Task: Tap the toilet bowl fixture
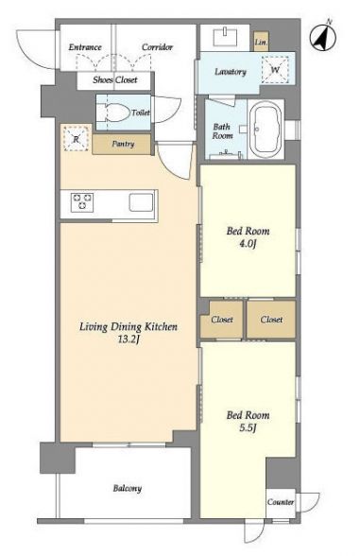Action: click(114, 113)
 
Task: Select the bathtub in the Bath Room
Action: click(266, 130)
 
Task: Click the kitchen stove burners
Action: click(82, 202)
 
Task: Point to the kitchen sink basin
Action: click(141, 202)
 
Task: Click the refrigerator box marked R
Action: click(76, 138)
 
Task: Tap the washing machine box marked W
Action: click(275, 70)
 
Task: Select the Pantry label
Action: click(123, 144)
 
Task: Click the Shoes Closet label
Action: click(115, 79)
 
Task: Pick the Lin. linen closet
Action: click(261, 42)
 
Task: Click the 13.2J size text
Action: click(128, 339)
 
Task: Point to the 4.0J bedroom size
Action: click(248, 244)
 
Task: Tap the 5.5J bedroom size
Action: click(248, 428)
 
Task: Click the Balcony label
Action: click(128, 488)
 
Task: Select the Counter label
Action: click(281, 502)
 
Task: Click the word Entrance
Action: click(85, 47)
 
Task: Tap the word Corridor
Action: click(157, 47)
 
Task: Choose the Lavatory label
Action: click(231, 72)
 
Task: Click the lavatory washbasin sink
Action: click(225, 37)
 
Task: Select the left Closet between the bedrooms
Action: click(222, 320)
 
